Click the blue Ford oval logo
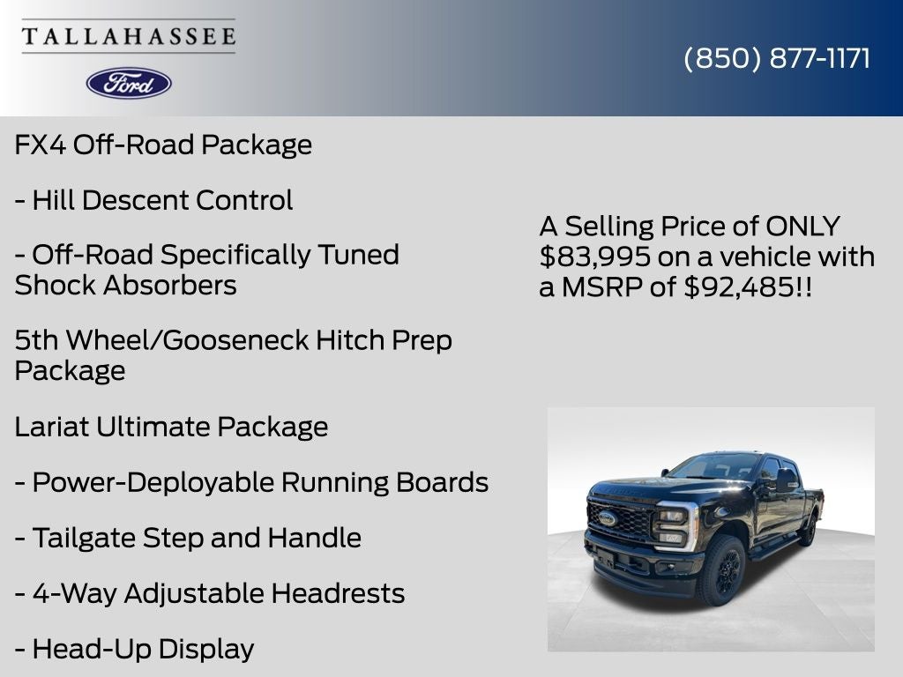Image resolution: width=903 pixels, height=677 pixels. pos(129,83)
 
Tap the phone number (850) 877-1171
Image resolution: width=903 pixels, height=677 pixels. pos(777,58)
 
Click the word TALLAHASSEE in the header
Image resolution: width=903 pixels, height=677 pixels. pos(129,36)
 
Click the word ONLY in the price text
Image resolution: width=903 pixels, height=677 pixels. pos(802,227)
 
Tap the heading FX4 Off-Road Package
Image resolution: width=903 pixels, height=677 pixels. pos(163,145)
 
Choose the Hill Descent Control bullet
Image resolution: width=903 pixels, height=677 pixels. pos(153,200)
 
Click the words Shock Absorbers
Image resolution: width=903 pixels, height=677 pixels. pos(125,286)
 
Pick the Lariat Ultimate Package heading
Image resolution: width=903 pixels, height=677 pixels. pos(171,427)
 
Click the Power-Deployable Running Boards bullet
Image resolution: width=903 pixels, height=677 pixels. pos(251,482)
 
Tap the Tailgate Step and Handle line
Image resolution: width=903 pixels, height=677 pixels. pos(188,538)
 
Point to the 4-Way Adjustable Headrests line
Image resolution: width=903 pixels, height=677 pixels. pos(210,593)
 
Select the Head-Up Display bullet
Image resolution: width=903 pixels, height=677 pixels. pos(134,649)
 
